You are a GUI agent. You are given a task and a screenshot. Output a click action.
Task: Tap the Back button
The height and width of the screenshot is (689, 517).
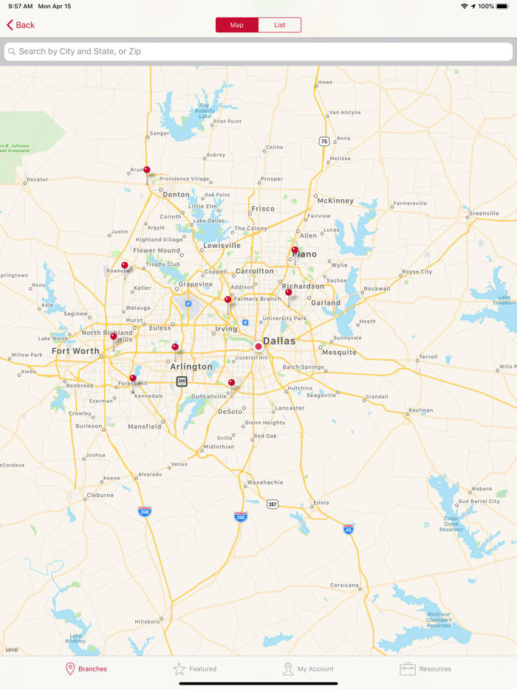[x=21, y=25]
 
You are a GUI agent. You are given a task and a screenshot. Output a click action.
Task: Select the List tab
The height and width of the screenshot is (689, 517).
[x=280, y=25]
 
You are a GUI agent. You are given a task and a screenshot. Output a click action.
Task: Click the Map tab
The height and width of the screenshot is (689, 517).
[x=237, y=25]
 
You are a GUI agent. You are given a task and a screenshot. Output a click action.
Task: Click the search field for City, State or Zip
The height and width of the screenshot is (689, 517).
[x=258, y=52]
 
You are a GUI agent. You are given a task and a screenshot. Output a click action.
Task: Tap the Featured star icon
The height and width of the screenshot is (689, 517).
[x=179, y=668]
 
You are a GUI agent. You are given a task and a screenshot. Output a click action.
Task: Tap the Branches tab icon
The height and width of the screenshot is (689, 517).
[x=71, y=668]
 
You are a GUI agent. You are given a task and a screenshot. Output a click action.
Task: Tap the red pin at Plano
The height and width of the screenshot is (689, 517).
[x=295, y=251]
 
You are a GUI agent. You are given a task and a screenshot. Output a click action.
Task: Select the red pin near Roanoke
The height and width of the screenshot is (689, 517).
[x=125, y=266]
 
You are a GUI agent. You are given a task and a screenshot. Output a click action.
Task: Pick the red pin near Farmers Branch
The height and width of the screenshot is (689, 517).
[x=227, y=300]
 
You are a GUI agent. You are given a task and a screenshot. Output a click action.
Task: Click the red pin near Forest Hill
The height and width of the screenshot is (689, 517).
[x=133, y=378]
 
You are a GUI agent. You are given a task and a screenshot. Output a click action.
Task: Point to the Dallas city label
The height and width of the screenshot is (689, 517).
[x=279, y=341]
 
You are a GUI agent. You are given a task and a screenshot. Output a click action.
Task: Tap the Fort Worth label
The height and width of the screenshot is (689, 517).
[x=75, y=351]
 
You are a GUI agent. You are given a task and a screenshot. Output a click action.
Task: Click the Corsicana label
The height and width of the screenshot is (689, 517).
[x=344, y=586]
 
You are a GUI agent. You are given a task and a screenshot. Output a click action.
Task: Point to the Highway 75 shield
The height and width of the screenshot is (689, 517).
[x=324, y=141]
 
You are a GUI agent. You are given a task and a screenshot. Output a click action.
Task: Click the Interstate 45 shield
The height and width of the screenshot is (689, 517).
[x=348, y=529]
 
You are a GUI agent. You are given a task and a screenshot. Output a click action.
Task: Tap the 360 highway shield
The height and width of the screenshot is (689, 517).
[x=182, y=381]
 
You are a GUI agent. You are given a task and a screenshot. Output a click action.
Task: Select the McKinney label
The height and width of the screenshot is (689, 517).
[x=335, y=201]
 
